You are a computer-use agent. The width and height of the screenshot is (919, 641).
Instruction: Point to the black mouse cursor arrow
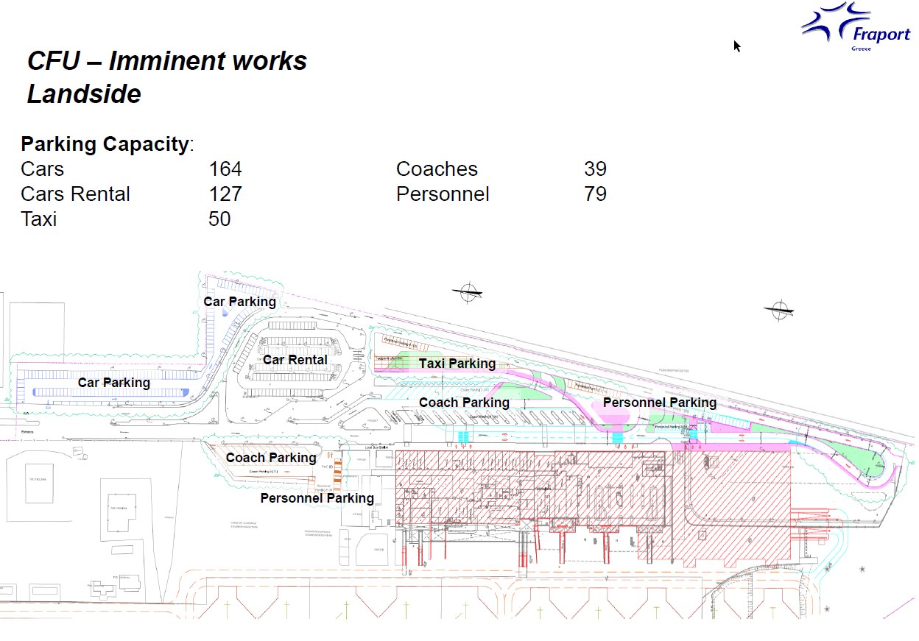737,46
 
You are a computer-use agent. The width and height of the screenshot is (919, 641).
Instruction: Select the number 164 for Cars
225,169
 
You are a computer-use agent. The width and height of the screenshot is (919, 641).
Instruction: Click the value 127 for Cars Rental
225,194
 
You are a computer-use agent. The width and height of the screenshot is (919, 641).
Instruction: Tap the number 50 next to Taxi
219,219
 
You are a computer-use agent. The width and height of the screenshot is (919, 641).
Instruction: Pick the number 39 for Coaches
595,169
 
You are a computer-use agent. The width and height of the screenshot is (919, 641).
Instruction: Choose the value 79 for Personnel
595,194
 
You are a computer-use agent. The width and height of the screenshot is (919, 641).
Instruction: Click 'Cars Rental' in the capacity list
75,194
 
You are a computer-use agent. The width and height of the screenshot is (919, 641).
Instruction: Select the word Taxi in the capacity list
38,219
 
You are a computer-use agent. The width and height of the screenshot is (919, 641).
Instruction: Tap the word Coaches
437,169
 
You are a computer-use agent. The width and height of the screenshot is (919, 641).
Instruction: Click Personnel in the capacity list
443,194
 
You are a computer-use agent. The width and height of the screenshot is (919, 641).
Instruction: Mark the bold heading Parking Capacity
105,144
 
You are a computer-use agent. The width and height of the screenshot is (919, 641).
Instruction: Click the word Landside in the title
84,94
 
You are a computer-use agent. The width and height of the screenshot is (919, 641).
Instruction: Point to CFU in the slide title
53,61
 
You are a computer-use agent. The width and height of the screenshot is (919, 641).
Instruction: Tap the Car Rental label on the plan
295,360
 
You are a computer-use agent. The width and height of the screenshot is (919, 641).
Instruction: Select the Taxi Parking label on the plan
457,364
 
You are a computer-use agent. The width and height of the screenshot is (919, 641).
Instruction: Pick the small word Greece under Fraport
861,49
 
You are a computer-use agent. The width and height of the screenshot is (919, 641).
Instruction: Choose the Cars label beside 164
42,169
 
